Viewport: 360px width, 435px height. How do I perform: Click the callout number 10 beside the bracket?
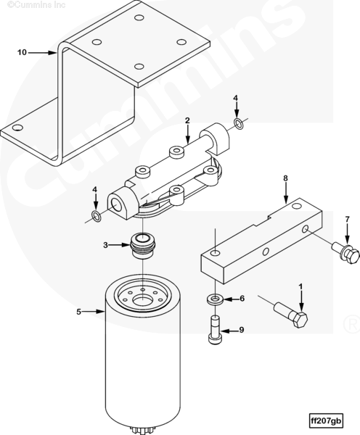click(x=22, y=52)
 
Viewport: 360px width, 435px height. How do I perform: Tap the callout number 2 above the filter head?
click(x=187, y=120)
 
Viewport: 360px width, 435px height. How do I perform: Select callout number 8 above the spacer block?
click(x=285, y=178)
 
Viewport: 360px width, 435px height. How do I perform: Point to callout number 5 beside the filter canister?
click(x=79, y=312)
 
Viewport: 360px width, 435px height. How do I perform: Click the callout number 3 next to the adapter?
click(x=105, y=245)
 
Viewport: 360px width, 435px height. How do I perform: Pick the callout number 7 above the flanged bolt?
click(x=347, y=220)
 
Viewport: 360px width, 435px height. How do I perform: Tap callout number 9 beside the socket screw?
click(x=242, y=330)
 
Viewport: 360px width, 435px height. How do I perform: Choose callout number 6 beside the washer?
click(x=242, y=299)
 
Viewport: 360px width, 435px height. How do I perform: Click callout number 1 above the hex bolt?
click(x=300, y=286)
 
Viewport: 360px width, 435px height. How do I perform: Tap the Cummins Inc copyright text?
click(x=36, y=4)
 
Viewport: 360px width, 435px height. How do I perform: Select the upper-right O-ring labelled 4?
click(x=238, y=124)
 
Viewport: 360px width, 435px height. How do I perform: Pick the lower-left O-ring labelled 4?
click(x=96, y=216)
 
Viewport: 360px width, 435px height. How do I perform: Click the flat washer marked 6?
click(x=214, y=299)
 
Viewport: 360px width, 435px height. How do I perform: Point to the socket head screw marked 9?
click(x=215, y=330)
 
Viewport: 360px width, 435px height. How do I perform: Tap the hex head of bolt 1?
click(x=299, y=319)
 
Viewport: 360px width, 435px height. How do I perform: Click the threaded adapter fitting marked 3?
click(x=142, y=246)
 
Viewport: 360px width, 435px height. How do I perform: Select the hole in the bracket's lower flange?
click(x=17, y=128)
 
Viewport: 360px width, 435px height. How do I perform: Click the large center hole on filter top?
click(x=142, y=300)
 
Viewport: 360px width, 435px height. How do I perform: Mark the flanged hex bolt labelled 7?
click(x=346, y=252)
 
